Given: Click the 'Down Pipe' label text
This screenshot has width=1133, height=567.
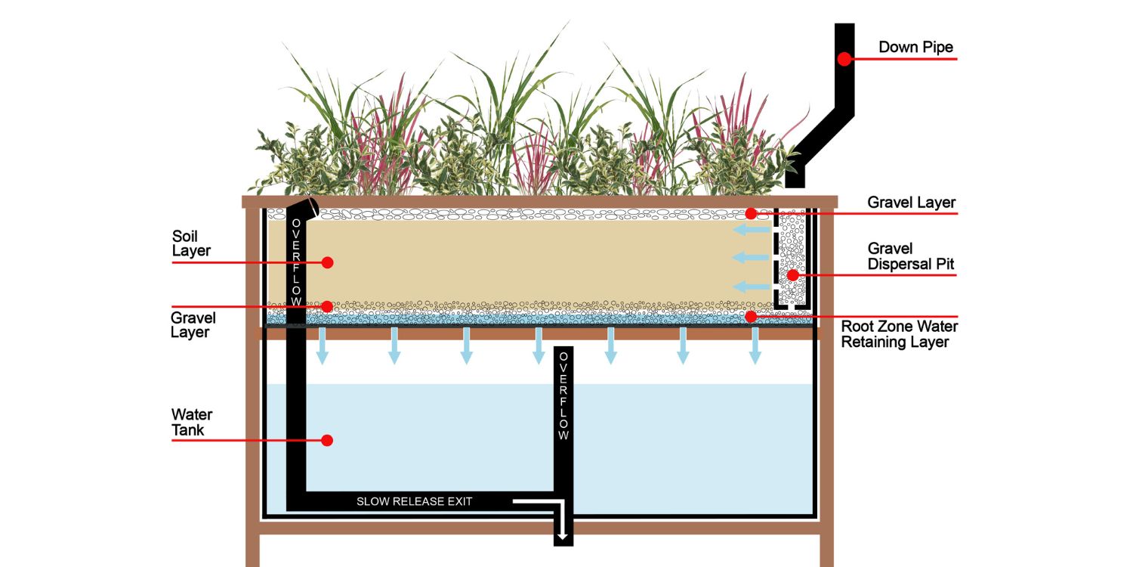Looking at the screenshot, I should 915,47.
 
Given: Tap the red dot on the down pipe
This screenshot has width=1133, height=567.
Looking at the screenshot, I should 844,58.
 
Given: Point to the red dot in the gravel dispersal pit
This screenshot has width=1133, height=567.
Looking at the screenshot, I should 792,275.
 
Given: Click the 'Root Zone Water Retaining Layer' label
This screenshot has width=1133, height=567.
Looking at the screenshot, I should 899,334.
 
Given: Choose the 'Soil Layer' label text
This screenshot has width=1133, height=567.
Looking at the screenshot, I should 191,243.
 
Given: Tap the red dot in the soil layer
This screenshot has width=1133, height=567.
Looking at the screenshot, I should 327,262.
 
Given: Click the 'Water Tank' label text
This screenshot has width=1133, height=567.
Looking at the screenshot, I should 192,423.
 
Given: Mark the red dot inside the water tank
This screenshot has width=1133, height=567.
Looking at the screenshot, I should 327,440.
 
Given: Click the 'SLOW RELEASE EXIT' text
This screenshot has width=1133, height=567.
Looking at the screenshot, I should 414,501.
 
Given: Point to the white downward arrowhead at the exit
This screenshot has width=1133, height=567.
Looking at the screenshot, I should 563,537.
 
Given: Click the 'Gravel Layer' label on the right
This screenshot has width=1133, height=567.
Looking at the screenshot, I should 911,203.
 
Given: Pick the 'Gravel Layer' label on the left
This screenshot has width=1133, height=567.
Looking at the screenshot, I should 193,325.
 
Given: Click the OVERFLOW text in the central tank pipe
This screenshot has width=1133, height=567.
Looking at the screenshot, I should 563,396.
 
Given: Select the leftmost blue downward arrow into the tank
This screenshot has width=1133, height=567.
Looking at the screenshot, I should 322,347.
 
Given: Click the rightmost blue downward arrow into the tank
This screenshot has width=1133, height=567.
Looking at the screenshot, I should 755,347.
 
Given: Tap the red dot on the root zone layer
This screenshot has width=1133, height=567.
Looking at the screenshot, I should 751,316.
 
